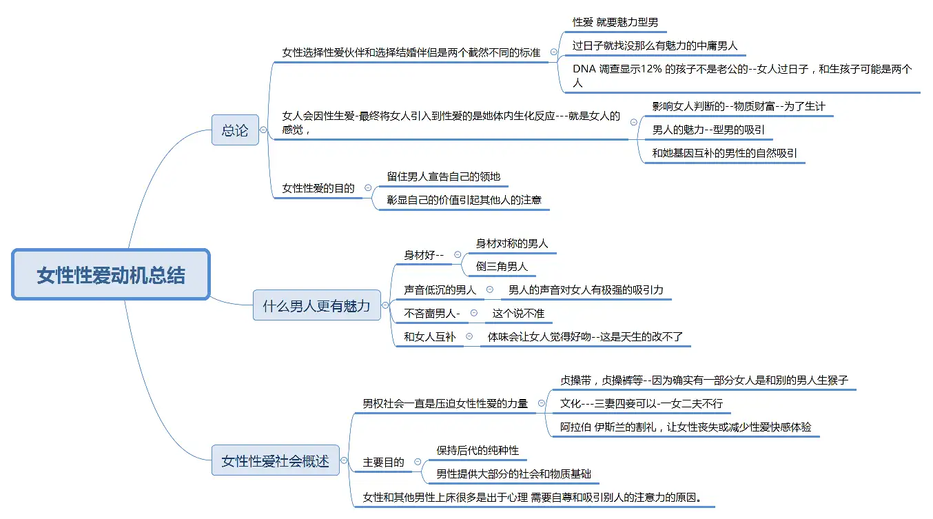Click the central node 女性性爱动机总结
111,274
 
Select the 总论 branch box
236,130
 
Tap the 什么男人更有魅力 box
316,305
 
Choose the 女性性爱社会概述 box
276,460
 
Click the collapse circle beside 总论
263,130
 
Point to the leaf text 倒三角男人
502,267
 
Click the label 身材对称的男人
512,243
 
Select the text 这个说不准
518,313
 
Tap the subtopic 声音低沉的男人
440,290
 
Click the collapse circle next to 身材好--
458,254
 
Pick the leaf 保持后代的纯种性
478,450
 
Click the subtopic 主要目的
383,462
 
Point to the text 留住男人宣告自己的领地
443,176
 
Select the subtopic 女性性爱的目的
318,188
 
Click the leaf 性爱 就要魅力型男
615,22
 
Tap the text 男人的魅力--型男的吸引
708,130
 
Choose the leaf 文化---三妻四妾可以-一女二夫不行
641,403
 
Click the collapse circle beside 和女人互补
469,336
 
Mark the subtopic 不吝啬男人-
431,313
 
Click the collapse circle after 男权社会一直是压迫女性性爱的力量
542,403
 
